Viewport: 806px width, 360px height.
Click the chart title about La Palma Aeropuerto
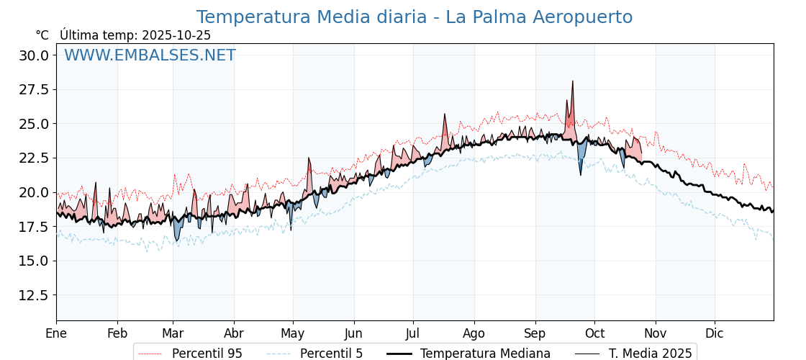(x=415, y=17)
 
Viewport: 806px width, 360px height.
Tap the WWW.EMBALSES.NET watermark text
(x=150, y=55)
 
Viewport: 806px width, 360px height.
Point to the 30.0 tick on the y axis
(x=34, y=55)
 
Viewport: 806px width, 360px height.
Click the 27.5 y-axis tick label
(x=34, y=90)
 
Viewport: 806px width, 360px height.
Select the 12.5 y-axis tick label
(x=34, y=295)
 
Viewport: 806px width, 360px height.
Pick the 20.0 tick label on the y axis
(x=34, y=192)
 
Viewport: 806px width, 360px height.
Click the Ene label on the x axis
(x=56, y=333)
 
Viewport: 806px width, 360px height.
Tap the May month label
(x=293, y=333)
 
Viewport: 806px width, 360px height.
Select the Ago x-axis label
(x=474, y=333)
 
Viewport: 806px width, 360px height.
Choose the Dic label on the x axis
(x=715, y=333)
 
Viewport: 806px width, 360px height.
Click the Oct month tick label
(x=594, y=333)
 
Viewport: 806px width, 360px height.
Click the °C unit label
(x=42, y=35)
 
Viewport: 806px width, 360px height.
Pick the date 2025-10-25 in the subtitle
(x=176, y=35)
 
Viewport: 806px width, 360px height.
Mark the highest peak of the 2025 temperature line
(x=573, y=81)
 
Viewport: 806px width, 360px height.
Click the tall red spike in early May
(x=309, y=158)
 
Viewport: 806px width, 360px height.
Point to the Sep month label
(x=535, y=333)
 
